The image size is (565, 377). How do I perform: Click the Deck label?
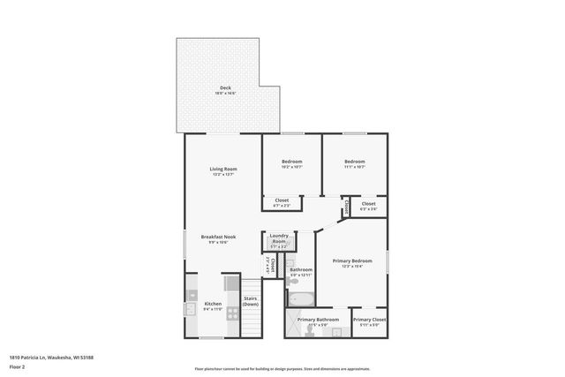(x=225, y=87)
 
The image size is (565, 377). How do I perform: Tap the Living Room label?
(x=223, y=169)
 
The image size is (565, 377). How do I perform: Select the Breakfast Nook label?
(x=218, y=238)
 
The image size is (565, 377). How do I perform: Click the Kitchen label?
(x=213, y=304)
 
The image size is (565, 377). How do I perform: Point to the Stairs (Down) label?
(x=251, y=301)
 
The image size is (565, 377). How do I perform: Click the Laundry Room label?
(x=279, y=238)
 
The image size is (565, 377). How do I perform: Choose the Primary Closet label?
(x=370, y=320)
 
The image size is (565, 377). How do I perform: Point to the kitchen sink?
(x=190, y=310)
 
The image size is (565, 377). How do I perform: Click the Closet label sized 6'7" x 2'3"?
(x=282, y=201)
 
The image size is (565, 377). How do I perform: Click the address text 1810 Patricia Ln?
(x=50, y=357)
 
